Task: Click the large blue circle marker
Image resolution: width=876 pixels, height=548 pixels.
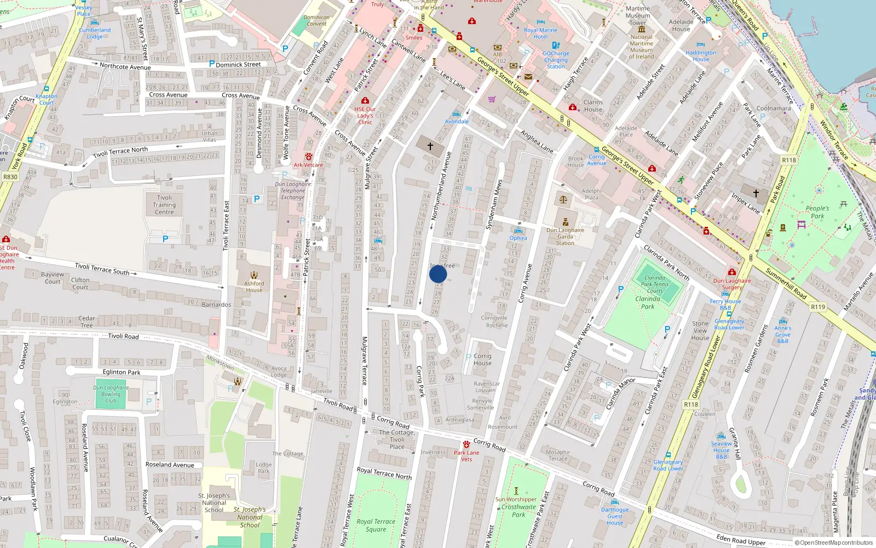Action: [438, 274]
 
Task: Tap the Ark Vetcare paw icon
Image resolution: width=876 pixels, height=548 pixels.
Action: [309, 157]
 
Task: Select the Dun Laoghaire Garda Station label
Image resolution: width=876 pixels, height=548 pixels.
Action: [565, 237]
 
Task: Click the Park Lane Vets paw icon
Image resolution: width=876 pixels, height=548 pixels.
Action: [466, 444]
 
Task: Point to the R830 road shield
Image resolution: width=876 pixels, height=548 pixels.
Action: [10, 177]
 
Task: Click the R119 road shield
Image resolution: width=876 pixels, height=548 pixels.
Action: [818, 307]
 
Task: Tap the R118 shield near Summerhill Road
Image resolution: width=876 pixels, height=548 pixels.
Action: [789, 160]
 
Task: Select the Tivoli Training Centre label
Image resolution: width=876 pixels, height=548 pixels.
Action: [164, 204]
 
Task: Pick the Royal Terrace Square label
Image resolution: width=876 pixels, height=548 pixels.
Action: [376, 525]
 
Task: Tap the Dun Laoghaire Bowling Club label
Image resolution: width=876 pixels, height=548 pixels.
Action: [111, 394]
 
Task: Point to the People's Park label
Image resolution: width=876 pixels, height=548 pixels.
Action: [817, 212]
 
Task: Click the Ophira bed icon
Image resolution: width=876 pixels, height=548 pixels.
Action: [518, 231]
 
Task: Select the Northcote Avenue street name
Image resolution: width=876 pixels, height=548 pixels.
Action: [125, 67]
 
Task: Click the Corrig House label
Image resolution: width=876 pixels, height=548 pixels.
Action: [482, 359]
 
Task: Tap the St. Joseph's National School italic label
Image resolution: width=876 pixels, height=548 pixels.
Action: [250, 517]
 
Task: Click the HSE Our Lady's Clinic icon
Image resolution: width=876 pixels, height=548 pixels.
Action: [365, 101]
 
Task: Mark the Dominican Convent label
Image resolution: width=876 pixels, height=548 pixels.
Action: [316, 20]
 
